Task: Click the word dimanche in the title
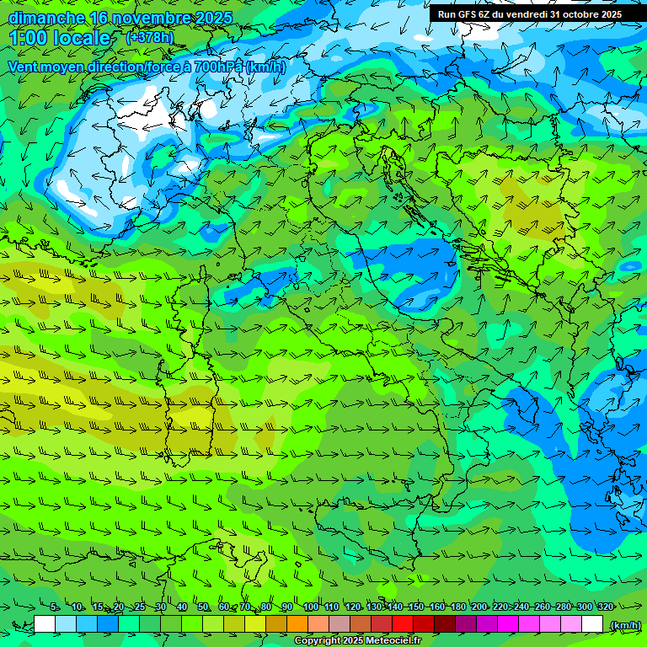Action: [44, 18]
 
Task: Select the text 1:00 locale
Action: [61, 38]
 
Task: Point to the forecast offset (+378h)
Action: [150, 37]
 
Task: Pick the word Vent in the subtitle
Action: [24, 67]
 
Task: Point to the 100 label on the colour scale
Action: [311, 607]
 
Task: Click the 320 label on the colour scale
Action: [605, 607]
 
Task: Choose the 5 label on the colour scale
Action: [54, 607]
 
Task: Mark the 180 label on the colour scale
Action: [458, 607]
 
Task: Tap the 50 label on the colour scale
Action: [203, 607]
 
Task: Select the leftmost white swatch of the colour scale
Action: [45, 623]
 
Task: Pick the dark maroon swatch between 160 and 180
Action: [445, 623]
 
